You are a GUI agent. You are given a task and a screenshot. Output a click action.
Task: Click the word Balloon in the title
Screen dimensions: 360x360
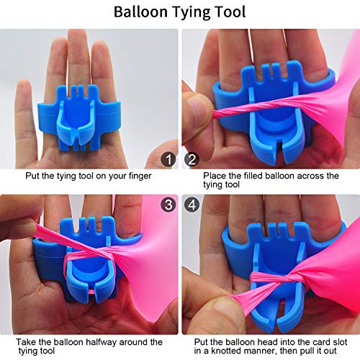[x=140, y=12]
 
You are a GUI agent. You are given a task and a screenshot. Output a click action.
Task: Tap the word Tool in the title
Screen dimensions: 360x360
[x=230, y=12]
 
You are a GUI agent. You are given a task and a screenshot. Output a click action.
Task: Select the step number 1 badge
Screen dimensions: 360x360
[x=168, y=159]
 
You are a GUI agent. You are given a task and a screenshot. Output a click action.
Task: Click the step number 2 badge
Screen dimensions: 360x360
[x=192, y=159]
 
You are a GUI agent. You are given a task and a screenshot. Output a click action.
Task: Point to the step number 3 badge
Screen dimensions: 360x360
[x=168, y=204]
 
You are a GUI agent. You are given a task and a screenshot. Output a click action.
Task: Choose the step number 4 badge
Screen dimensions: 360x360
[x=192, y=204]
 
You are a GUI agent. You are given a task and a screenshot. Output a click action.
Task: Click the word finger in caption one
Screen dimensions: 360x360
[x=140, y=176]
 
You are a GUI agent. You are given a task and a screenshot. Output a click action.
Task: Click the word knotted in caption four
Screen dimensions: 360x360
[x=228, y=351]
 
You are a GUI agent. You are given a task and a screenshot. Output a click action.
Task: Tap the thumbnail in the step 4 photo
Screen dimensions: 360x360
[x=227, y=308]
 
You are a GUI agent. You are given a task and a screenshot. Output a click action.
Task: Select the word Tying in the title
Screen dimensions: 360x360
[x=191, y=12]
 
